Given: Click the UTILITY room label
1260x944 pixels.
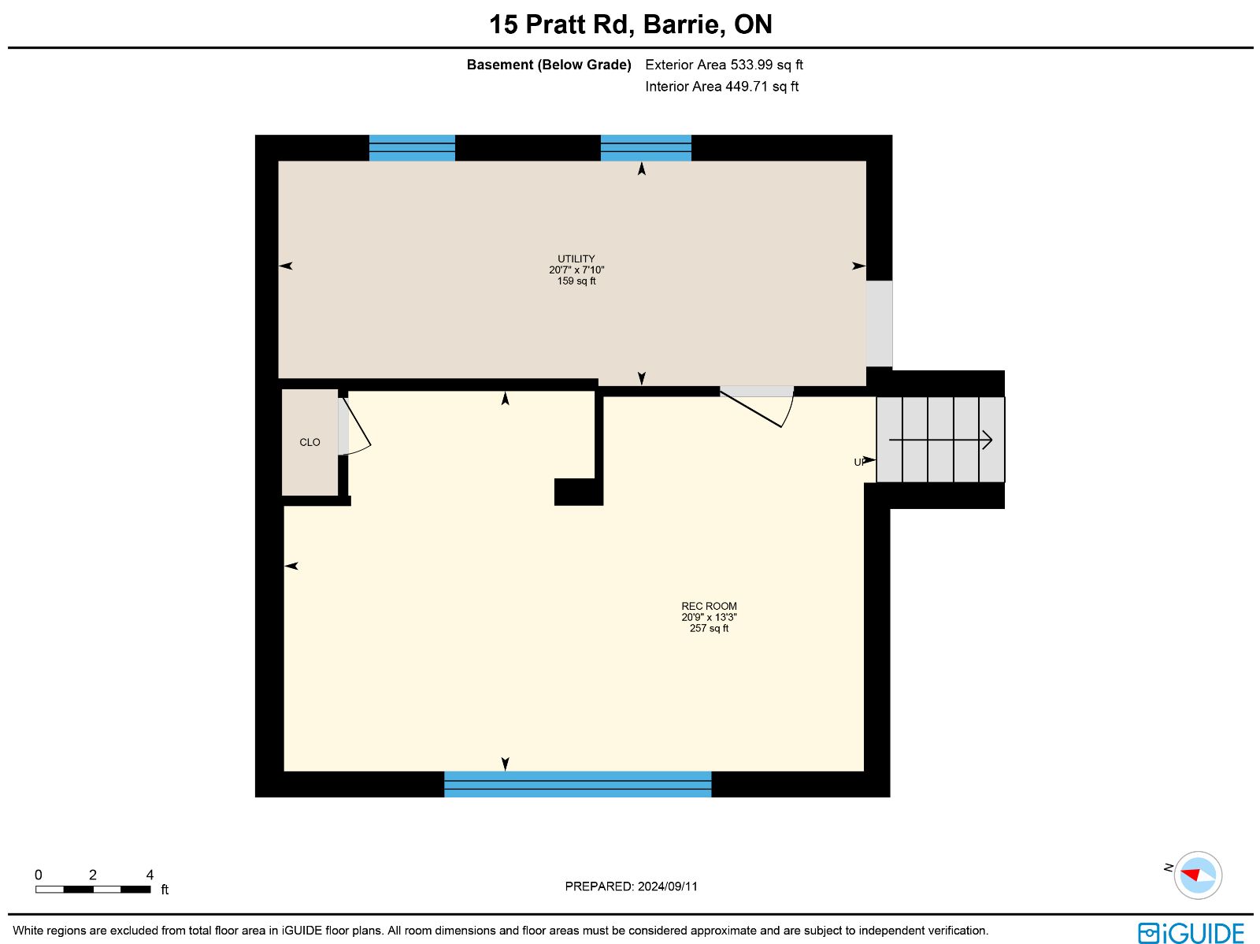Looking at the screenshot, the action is click(576, 259).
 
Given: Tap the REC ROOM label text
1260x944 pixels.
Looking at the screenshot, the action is click(709, 606).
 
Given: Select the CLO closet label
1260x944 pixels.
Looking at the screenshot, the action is click(309, 442).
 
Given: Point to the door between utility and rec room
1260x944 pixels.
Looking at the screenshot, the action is click(757, 407).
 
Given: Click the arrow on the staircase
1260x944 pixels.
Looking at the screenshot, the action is click(940, 440).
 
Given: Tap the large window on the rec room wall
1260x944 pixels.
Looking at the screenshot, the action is click(577, 784).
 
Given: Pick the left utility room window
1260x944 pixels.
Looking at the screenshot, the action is click(412, 148).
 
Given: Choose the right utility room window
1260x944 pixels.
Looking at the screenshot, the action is click(646, 148).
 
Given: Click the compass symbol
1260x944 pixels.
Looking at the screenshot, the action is click(1198, 875).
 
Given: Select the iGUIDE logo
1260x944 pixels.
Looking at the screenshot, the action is click(1191, 932).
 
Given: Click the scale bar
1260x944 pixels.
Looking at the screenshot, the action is click(93, 890).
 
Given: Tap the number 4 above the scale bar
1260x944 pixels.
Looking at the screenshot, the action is click(150, 875).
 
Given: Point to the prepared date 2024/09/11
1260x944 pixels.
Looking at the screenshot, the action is click(668, 886).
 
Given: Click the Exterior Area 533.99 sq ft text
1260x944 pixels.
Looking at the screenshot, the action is click(724, 65).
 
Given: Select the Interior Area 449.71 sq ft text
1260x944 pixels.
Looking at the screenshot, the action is click(721, 87).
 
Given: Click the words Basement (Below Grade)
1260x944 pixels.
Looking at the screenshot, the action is click(549, 65).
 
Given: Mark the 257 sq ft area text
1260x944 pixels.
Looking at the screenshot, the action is click(709, 628).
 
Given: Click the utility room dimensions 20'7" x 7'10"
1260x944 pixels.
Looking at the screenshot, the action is click(576, 269).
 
